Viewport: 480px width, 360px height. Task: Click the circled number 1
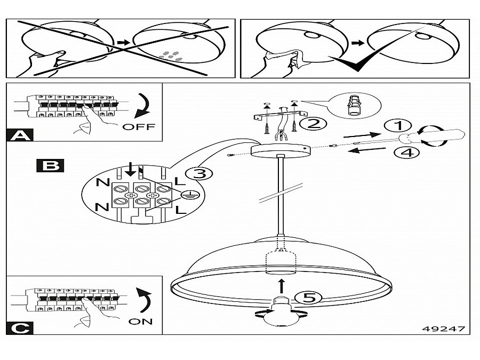(x=396, y=126)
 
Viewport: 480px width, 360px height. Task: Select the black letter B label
(x=50, y=165)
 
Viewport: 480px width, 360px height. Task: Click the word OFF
(x=138, y=127)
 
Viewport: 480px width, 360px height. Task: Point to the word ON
(x=140, y=321)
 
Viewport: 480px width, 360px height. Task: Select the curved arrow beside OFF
(x=143, y=106)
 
